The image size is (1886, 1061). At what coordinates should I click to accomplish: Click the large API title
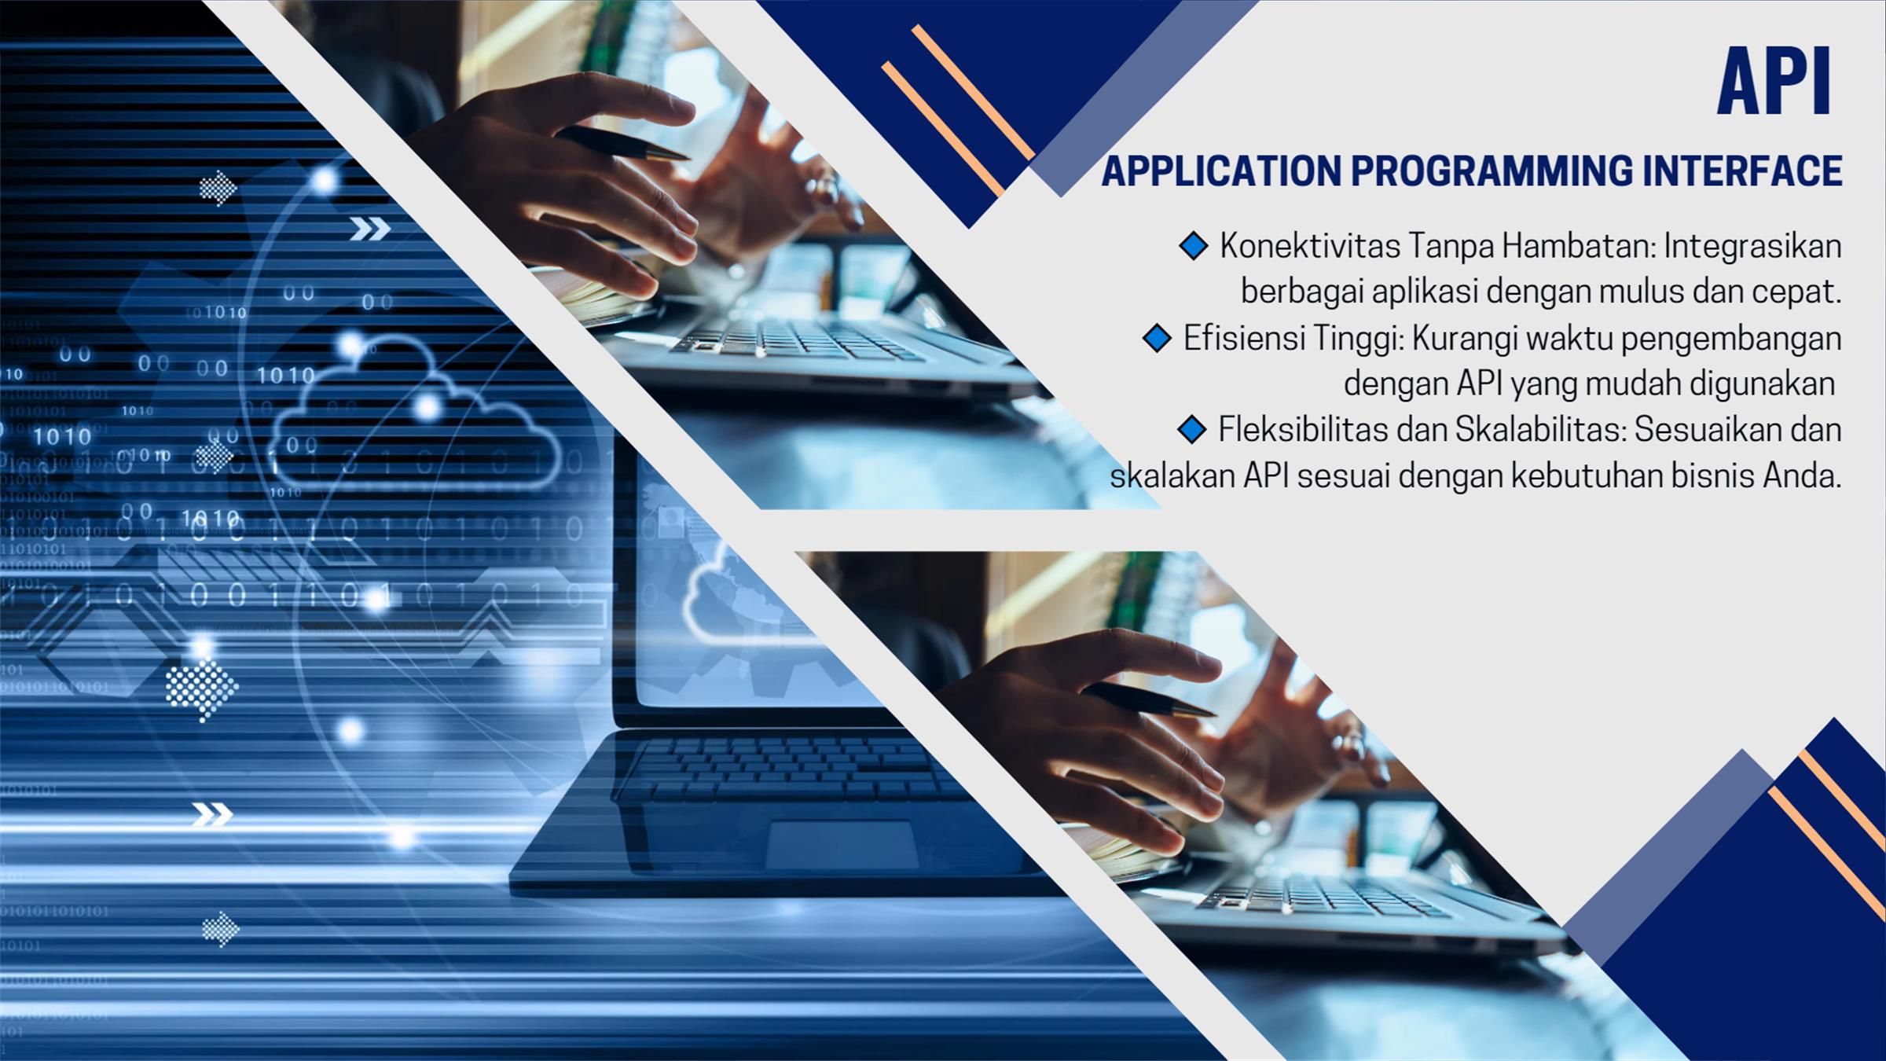tap(1774, 82)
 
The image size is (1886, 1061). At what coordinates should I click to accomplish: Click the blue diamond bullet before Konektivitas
tap(1193, 246)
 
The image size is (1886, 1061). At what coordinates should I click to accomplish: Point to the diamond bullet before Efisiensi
tap(1157, 339)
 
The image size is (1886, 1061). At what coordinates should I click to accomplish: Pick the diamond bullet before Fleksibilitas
tap(1192, 429)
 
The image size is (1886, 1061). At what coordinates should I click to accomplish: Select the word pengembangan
tap(1731, 340)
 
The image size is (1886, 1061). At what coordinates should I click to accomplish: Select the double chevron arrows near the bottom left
tap(213, 815)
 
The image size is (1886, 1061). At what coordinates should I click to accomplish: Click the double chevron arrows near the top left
tap(369, 229)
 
